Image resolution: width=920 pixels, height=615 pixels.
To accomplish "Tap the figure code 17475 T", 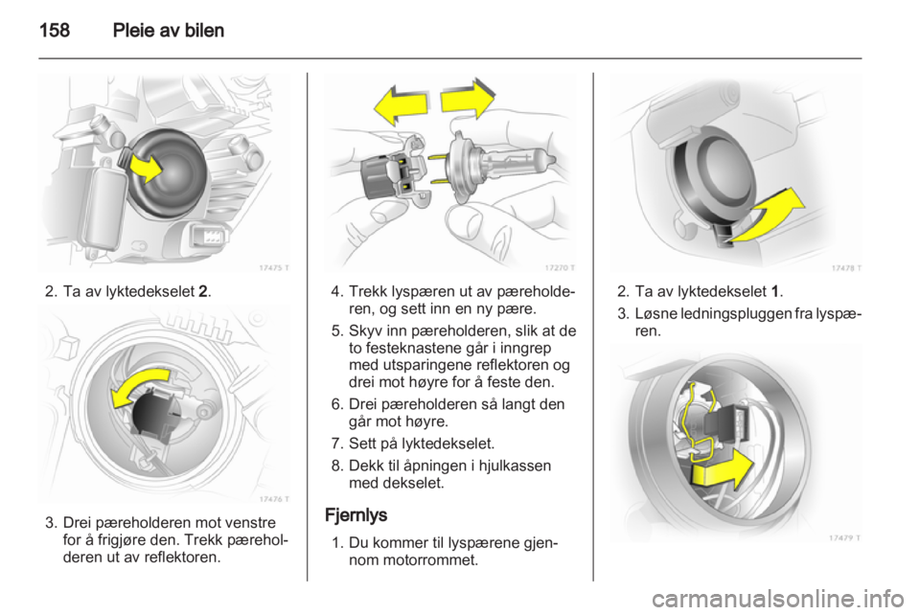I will tap(271, 266).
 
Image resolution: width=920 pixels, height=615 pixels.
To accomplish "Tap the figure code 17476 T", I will tap(271, 497).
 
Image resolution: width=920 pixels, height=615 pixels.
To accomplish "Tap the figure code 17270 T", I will tap(557, 266).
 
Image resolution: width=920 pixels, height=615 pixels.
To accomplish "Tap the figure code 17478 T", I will tap(844, 266).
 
